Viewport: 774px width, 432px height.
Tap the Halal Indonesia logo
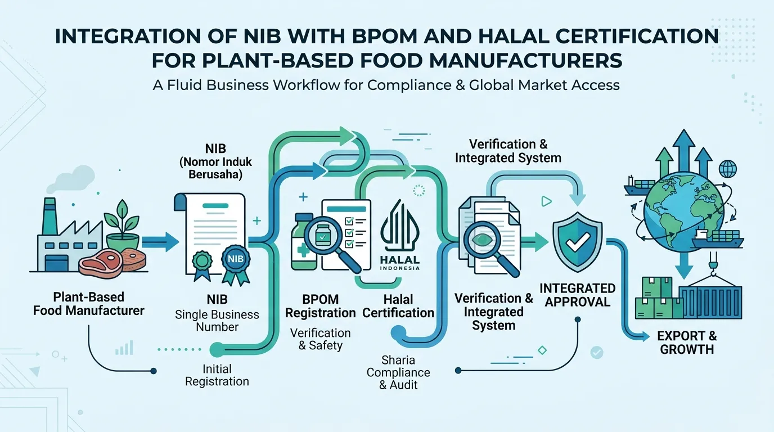[x=400, y=235]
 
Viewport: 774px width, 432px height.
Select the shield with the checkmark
[x=577, y=241]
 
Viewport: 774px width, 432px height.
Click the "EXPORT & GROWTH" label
[x=687, y=343]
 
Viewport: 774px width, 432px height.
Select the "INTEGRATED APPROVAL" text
[x=577, y=295]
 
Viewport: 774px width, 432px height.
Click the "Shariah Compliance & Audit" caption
[x=398, y=372]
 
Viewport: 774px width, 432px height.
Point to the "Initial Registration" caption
[x=217, y=375]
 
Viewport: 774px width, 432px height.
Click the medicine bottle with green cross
[x=303, y=241]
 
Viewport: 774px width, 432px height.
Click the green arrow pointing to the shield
[x=534, y=241]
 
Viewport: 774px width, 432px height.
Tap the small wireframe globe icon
[x=728, y=169]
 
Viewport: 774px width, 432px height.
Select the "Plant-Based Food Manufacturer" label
[x=88, y=304]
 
